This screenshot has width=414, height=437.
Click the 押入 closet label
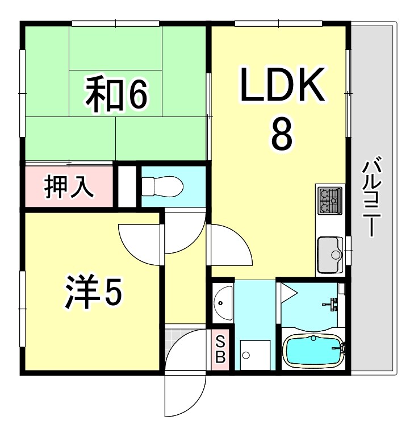(69, 187)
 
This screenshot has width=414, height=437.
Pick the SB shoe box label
(221, 349)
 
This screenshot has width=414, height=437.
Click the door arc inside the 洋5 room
(140, 242)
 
